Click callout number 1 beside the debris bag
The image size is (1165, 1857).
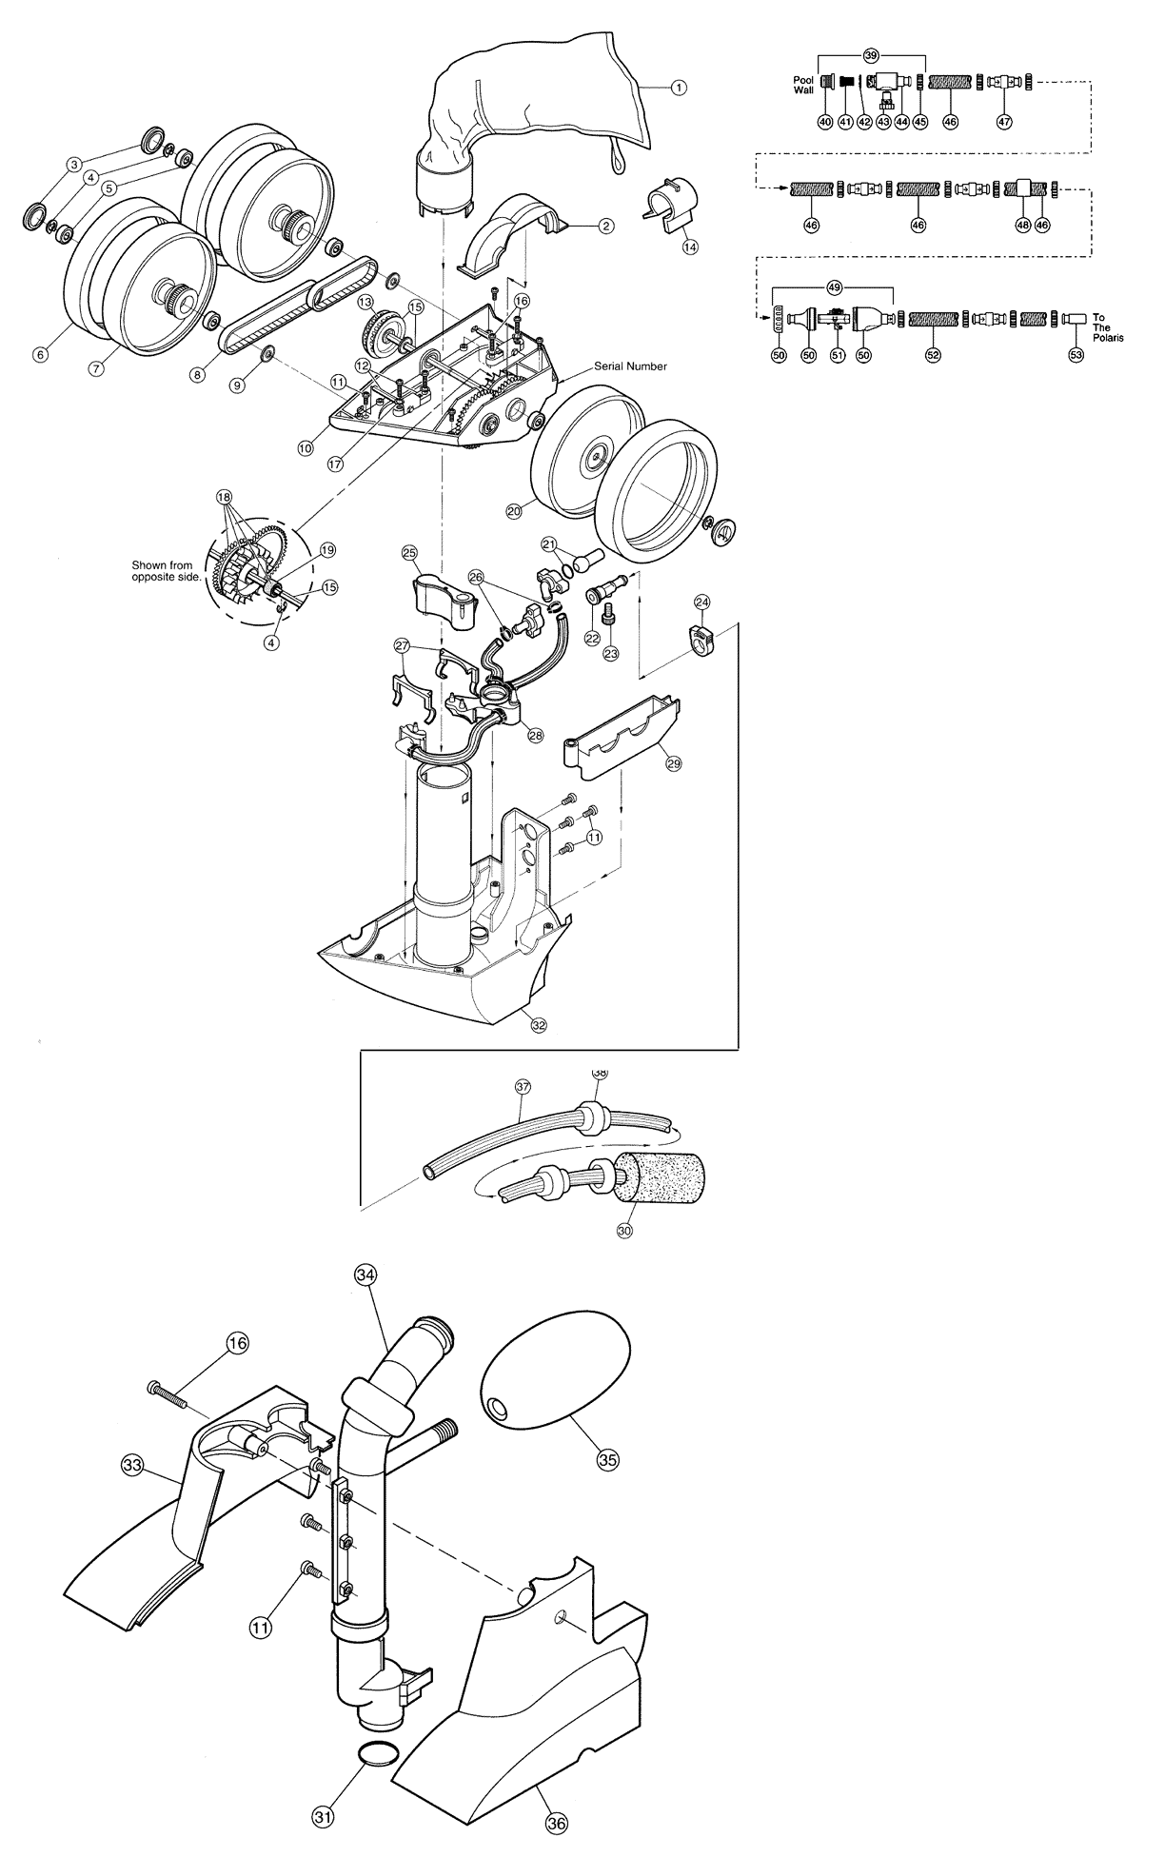point(678,88)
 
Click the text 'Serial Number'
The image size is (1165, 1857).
point(631,365)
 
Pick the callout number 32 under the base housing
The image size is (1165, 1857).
point(539,1025)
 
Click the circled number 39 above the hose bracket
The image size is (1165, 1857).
point(870,55)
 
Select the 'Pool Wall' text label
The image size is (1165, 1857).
point(803,85)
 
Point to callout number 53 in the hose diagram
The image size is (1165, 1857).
point(1076,355)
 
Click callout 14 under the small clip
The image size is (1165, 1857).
point(690,246)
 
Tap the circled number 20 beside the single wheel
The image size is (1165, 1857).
point(514,511)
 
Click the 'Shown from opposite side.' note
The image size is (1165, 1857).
point(162,571)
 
